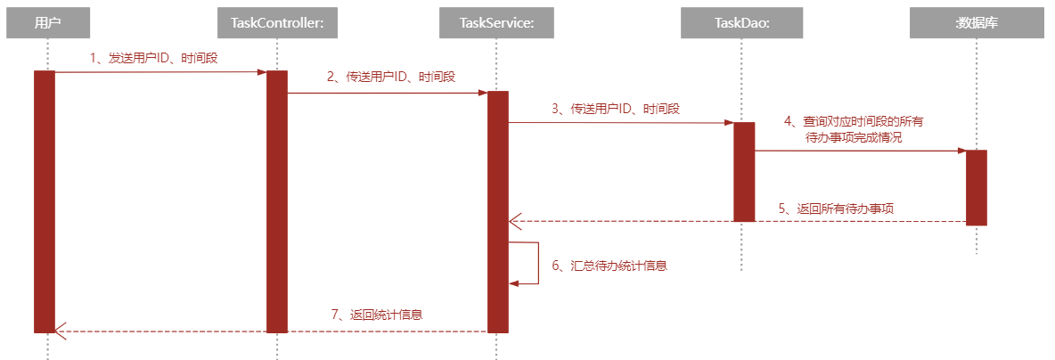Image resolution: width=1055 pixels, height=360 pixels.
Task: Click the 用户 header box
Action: click(x=47, y=24)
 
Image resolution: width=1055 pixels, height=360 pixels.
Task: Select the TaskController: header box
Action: click(x=277, y=24)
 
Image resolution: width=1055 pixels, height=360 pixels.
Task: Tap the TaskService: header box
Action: click(x=497, y=24)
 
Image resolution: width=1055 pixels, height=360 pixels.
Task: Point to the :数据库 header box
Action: click(x=976, y=24)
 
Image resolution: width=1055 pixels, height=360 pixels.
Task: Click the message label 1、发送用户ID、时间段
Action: click(x=154, y=58)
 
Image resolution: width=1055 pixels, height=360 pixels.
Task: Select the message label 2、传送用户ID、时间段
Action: click(x=389, y=78)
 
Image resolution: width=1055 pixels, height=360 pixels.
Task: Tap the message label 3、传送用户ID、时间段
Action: click(x=615, y=109)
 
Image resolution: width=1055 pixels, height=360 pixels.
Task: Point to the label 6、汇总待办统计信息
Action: click(x=609, y=266)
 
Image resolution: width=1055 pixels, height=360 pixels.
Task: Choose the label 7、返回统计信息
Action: click(x=376, y=315)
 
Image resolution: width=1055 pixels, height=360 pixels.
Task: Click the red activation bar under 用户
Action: click(x=45, y=201)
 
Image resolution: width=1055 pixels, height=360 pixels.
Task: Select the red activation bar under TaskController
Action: click(x=277, y=201)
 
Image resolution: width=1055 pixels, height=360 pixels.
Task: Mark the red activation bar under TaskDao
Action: click(x=744, y=171)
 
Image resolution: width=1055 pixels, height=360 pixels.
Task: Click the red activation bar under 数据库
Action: click(x=976, y=187)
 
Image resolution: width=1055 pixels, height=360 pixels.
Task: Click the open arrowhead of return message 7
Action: click(x=60, y=331)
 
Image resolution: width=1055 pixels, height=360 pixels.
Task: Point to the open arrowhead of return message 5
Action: click(x=514, y=221)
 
